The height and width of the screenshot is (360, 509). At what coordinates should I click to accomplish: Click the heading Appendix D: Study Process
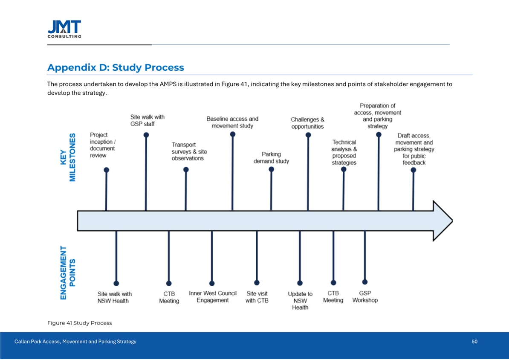click(116, 68)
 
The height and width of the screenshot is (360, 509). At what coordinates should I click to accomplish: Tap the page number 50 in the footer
click(474, 341)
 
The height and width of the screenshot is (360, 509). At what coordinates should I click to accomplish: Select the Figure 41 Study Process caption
click(80, 323)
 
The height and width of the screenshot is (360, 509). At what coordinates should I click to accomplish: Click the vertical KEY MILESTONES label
click(68, 158)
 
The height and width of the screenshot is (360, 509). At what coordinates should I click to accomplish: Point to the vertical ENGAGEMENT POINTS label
click(68, 273)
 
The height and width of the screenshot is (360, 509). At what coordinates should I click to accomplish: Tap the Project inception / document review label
click(103, 145)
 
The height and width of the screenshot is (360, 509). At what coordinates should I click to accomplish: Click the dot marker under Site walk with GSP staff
click(146, 135)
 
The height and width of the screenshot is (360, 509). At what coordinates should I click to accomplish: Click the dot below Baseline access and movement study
click(232, 134)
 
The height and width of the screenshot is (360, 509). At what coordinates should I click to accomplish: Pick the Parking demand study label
click(271, 158)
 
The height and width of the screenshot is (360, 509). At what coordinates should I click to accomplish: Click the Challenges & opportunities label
click(308, 123)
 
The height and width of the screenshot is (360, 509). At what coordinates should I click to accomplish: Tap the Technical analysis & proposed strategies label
click(344, 152)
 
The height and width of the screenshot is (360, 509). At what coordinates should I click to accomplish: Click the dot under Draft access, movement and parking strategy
click(413, 170)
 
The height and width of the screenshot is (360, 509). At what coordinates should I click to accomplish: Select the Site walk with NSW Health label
click(115, 297)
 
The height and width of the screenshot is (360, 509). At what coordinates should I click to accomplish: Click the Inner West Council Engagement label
click(213, 297)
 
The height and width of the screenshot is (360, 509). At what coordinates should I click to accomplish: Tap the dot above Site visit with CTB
click(257, 282)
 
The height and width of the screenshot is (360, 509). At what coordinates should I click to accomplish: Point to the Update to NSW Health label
click(300, 301)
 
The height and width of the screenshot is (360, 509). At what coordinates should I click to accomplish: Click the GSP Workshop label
click(365, 297)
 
